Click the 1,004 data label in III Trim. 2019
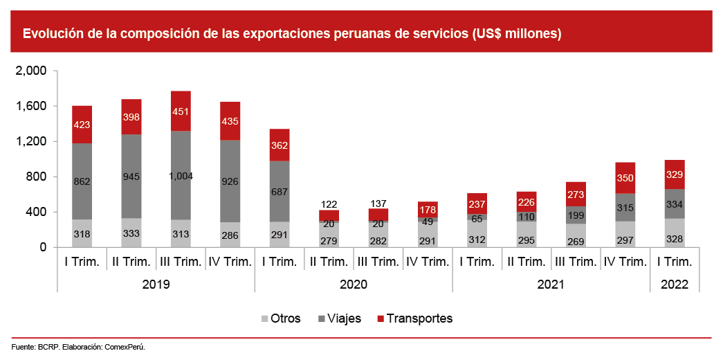[x=181, y=177]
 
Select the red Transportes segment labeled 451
[x=181, y=111]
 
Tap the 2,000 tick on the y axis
[x=30, y=71]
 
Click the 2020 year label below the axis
[x=354, y=285]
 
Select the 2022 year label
[x=675, y=285]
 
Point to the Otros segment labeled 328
[x=675, y=238]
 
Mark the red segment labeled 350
[x=625, y=178]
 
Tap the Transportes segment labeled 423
[x=82, y=125]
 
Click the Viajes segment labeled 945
[x=131, y=177]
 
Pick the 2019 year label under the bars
[x=156, y=285]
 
